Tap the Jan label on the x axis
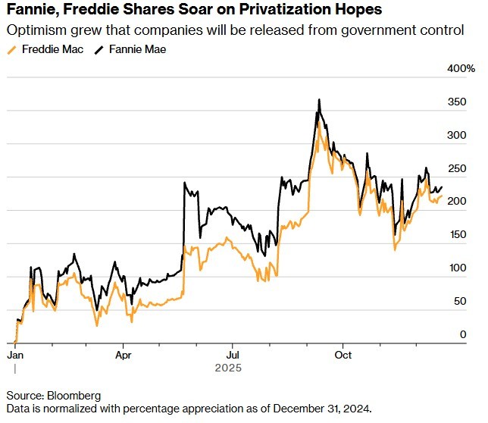point(15,354)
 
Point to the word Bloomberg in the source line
point(72,396)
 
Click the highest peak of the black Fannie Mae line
point(319,99)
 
